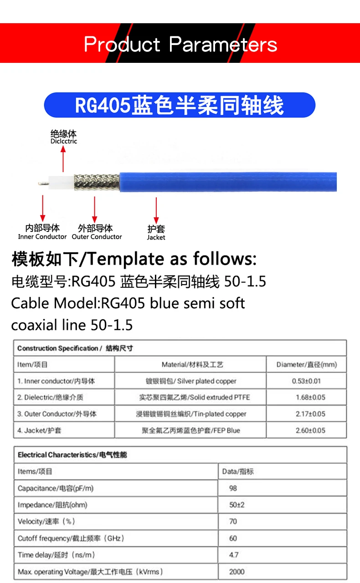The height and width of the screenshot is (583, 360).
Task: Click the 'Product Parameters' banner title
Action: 180,45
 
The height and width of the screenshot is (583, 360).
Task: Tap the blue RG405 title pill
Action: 180,105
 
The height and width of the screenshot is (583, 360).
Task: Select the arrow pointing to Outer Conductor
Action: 94,209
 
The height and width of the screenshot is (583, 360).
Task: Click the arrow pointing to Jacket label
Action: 156,210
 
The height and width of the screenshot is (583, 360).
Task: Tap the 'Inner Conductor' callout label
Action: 42,232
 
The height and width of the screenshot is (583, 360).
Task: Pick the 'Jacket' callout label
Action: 156,233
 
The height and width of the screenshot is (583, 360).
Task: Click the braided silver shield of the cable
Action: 97,182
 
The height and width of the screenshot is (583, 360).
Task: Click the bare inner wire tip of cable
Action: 44,184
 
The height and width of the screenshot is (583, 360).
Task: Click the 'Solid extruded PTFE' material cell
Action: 195,397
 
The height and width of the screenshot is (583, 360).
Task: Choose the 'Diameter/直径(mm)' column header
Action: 307,364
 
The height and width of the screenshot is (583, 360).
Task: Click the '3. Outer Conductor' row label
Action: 57,414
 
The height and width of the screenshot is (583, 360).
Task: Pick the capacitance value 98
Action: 233,488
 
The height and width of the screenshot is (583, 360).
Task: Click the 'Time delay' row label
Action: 57,555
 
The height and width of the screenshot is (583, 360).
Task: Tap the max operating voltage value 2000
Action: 237,572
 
